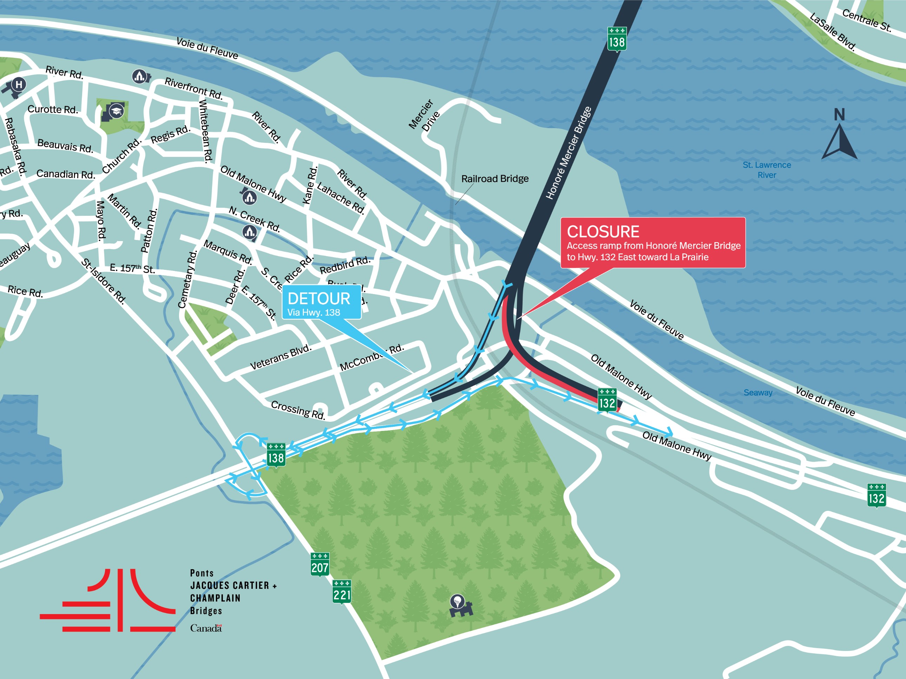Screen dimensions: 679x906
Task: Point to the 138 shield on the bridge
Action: [616, 40]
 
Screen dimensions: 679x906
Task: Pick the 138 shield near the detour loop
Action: [276, 455]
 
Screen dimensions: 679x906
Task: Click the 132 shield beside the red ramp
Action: [607, 400]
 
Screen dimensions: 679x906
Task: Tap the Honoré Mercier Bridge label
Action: [569, 153]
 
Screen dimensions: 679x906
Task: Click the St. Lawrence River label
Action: [766, 170]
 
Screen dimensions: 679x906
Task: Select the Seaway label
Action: [758, 393]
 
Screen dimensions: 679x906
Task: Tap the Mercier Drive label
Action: [425, 115]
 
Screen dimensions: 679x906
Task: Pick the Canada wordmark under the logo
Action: [206, 628]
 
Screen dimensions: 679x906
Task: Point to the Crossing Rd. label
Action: [298, 410]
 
